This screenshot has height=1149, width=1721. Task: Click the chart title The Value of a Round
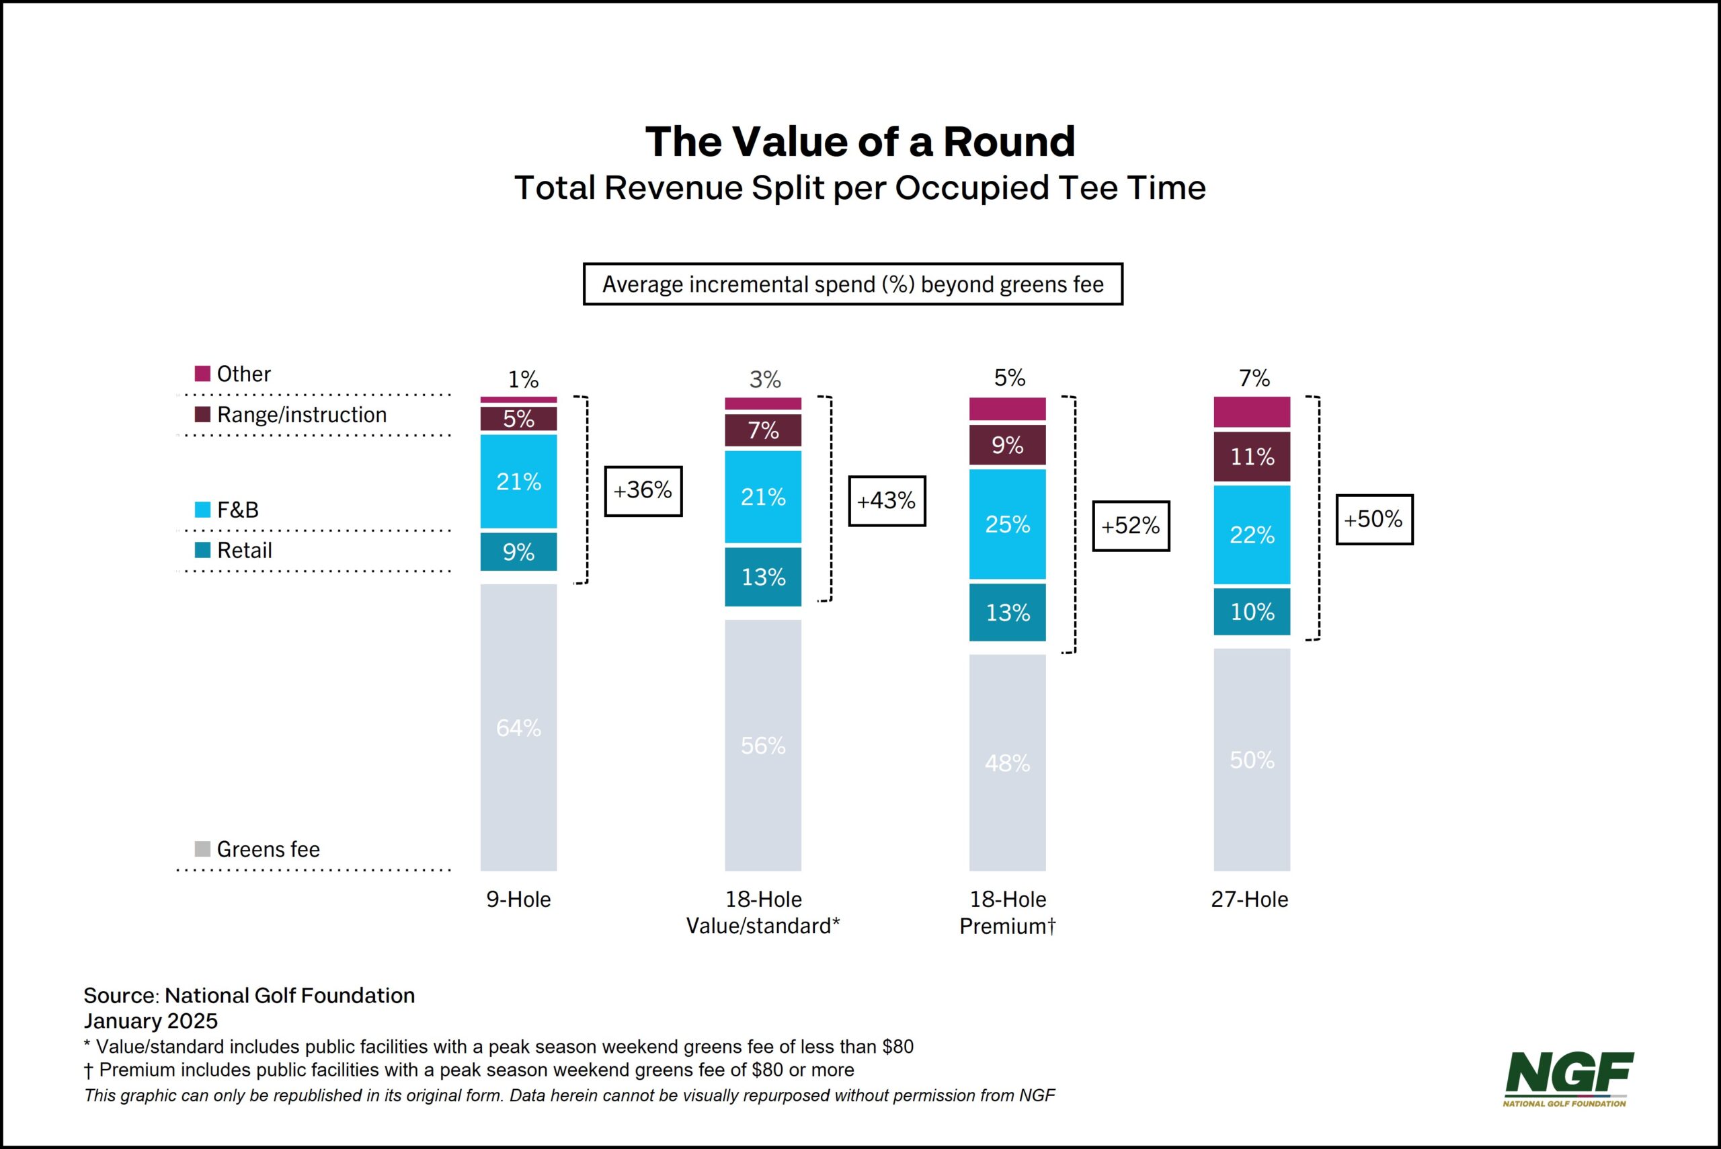click(x=859, y=141)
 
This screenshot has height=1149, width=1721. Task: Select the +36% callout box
click(x=643, y=491)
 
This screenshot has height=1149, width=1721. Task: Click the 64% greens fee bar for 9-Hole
click(x=518, y=727)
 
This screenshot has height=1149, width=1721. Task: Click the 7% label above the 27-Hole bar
click(x=1254, y=378)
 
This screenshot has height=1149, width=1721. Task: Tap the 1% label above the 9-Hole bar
click(x=522, y=380)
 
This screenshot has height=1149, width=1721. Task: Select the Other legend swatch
click(x=202, y=374)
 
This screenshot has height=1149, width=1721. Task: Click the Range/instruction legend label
click(x=301, y=415)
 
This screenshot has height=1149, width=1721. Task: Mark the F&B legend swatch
click(x=202, y=509)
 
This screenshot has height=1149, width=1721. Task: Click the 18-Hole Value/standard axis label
click(x=763, y=912)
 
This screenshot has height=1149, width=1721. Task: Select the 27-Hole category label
click(x=1249, y=899)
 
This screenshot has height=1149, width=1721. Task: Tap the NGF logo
click(x=1568, y=1078)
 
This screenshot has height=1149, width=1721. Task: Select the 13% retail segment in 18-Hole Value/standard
click(x=763, y=577)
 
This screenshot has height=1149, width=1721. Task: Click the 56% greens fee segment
click(x=763, y=745)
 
